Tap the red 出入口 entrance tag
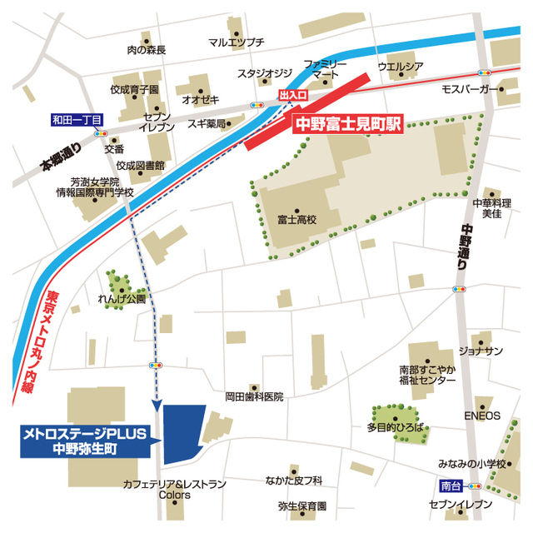[292, 97]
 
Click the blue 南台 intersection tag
[449, 484]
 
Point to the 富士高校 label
[297, 221]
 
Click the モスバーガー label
[469, 88]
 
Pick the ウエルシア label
[401, 66]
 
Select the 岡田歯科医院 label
[254, 397]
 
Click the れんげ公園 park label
[122, 297]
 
